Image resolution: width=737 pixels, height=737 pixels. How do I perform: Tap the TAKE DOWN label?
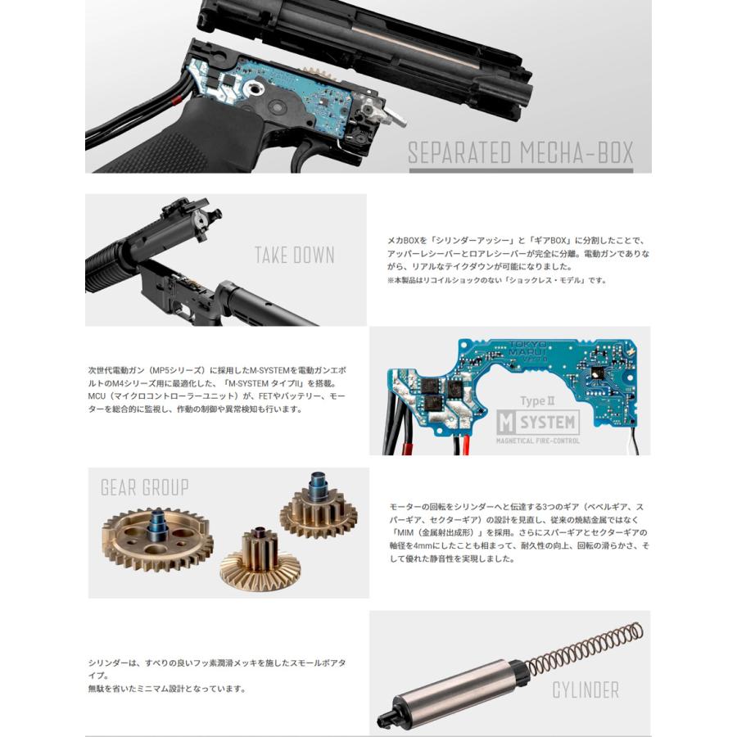pos(295,255)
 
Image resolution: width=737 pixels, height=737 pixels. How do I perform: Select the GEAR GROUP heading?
pos(144,488)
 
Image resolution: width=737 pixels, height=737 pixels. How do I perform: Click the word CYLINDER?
pos(585,690)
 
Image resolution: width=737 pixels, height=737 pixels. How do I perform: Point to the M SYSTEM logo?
pos(537,423)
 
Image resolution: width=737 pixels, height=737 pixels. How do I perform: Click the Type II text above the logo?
pos(538,401)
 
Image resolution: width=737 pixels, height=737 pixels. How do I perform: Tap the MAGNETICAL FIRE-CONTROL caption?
pos(537,441)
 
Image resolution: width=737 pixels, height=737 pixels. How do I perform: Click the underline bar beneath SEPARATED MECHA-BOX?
pos(520,170)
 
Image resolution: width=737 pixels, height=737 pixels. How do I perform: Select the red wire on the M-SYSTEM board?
pos(462,445)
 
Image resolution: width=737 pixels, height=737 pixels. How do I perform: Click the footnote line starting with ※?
pos(496,280)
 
